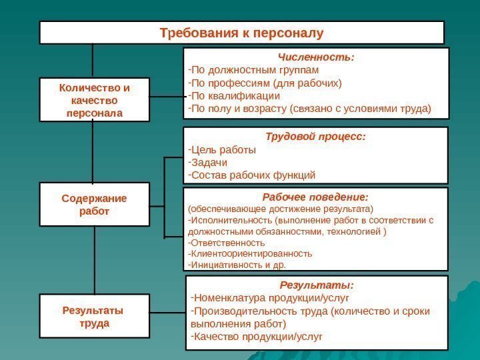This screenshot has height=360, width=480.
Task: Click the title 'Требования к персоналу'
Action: (x=241, y=32)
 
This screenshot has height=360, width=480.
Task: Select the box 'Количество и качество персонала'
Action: (x=94, y=100)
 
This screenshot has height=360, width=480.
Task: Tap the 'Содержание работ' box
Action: (x=94, y=205)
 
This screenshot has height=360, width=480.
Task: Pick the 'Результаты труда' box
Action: (x=94, y=317)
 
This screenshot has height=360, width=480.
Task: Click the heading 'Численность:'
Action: (x=316, y=57)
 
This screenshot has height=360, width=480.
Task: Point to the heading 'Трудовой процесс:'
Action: (x=315, y=137)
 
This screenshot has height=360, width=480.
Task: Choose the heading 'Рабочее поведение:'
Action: (x=315, y=197)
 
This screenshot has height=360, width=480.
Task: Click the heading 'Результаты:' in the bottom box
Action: (x=316, y=286)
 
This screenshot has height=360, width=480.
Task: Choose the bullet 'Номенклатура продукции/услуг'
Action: (x=270, y=297)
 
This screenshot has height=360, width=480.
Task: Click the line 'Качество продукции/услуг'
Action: (x=256, y=337)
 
